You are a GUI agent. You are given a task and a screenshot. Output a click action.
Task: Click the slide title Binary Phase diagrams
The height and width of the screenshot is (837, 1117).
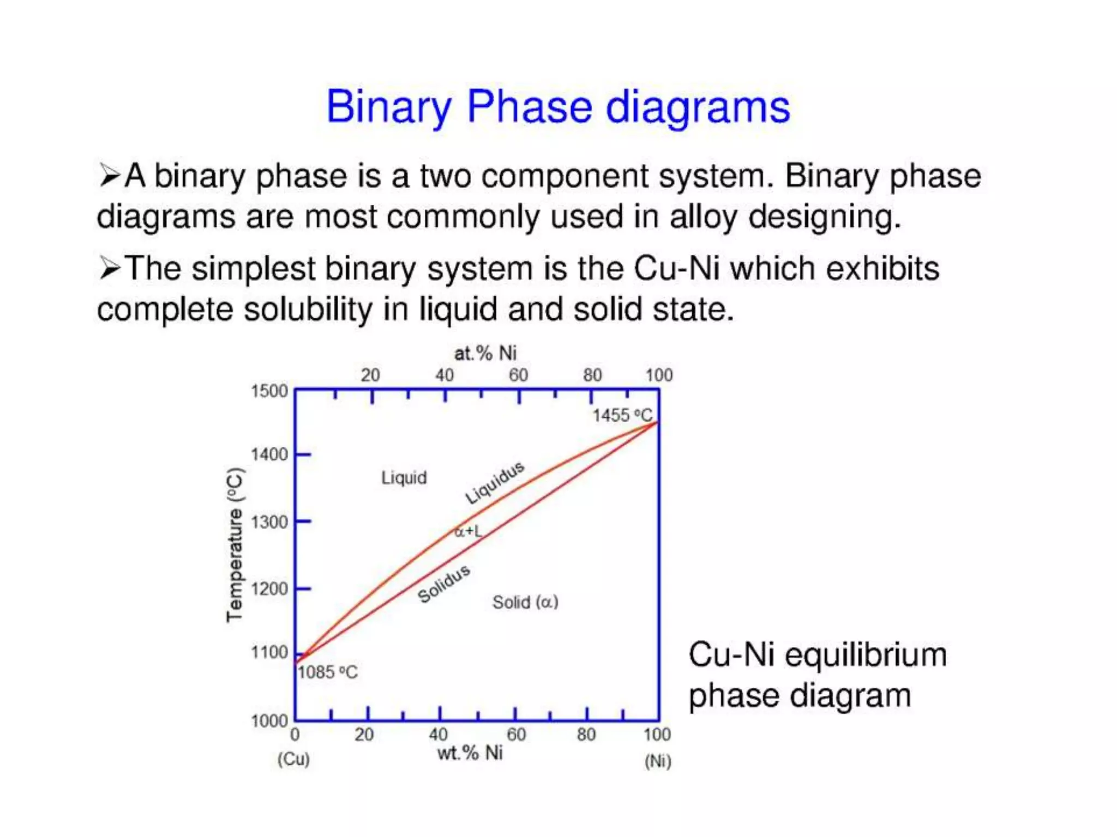click(557, 107)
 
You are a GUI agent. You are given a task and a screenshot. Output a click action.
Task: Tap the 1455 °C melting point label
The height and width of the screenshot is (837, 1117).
click(622, 416)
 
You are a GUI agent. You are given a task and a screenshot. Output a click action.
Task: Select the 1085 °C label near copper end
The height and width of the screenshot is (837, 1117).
click(327, 672)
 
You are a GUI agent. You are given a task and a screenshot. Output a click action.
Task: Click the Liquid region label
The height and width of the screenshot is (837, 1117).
click(404, 478)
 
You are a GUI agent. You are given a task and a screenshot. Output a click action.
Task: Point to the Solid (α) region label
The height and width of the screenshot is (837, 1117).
click(525, 602)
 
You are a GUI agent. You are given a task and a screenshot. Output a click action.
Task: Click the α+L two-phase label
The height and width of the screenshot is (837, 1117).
click(469, 531)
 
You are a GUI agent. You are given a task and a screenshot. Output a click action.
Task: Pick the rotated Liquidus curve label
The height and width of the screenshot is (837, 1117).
click(495, 483)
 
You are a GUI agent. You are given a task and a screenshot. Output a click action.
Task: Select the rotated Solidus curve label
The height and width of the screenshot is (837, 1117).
click(444, 584)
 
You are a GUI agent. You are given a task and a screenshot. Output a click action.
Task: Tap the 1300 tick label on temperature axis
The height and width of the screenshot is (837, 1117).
click(269, 522)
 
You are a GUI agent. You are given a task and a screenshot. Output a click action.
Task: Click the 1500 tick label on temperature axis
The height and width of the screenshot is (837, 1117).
click(269, 391)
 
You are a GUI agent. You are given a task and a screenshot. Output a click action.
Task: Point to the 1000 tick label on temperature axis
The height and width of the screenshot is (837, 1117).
click(269, 721)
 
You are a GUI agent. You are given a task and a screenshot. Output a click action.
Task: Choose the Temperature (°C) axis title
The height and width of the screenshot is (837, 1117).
click(235, 545)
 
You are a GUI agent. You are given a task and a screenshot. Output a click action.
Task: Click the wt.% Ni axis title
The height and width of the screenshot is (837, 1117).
click(470, 753)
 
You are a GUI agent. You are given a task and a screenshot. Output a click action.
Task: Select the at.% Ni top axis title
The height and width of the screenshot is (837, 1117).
click(485, 353)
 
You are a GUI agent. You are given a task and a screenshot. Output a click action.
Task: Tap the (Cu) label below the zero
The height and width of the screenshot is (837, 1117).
click(293, 759)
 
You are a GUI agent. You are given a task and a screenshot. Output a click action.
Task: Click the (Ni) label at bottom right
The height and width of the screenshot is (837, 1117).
click(658, 761)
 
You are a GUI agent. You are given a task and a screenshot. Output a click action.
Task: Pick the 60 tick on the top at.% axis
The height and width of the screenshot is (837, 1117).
click(518, 375)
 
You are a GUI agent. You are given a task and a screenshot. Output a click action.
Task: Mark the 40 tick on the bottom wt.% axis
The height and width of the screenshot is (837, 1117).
click(438, 735)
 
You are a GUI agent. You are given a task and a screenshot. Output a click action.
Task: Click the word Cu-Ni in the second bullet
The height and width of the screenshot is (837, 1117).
click(676, 269)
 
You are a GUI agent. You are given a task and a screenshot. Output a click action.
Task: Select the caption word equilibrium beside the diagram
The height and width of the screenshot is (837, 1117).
click(866, 654)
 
